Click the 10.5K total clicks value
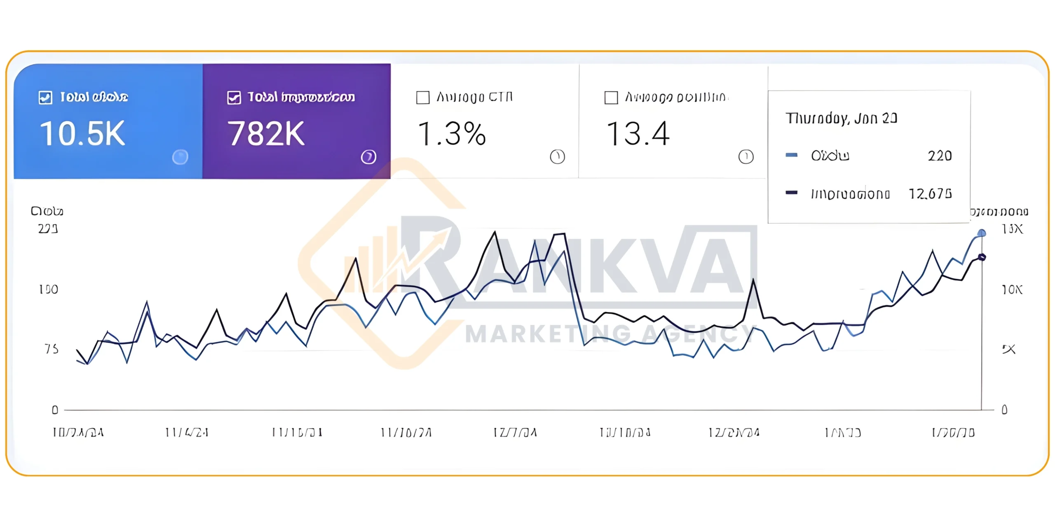[x=82, y=134]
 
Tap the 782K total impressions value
[x=266, y=134]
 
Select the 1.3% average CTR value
[x=452, y=134]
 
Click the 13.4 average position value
[x=638, y=134]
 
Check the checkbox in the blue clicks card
[x=45, y=98]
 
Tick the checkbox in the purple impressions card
[x=234, y=98]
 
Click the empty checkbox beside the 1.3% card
[x=423, y=98]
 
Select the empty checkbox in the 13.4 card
[x=611, y=98]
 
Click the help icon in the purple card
[x=368, y=157]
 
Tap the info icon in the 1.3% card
[x=557, y=157]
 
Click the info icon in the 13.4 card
[x=746, y=157]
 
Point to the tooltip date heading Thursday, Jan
[x=841, y=119]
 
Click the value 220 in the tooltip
[x=940, y=156]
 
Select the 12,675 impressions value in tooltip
[x=930, y=194]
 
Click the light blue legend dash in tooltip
[x=791, y=155]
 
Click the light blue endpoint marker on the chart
[x=982, y=233]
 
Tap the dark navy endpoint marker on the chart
[x=982, y=257]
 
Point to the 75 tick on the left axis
[x=52, y=349]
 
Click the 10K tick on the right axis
[x=1012, y=290]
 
